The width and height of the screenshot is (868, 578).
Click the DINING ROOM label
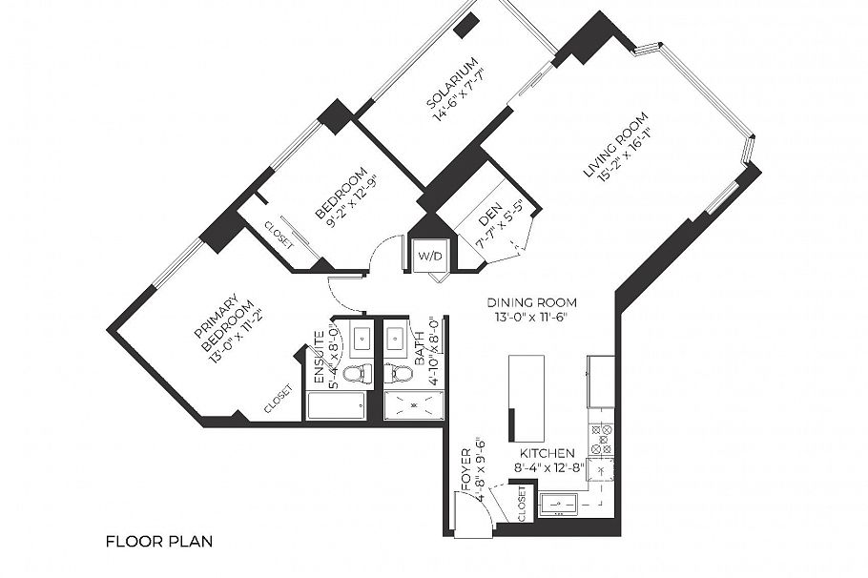pos(535,302)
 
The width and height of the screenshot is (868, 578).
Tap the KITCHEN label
pos(547,453)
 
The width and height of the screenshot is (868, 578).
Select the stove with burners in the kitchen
pos(601,438)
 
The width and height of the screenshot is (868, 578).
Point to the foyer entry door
pos(471,515)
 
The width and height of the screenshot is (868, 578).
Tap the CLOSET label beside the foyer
pos(521,505)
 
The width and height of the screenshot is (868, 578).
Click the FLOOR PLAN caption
pos(158,541)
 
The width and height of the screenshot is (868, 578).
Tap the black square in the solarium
pos(466,27)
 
